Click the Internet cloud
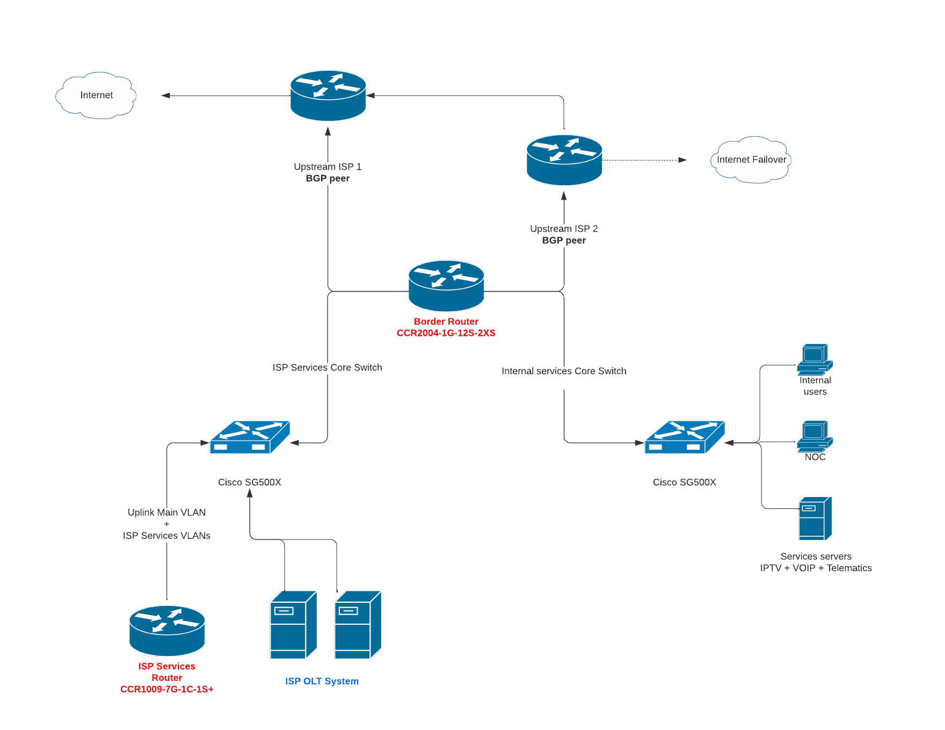[96, 96]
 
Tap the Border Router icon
[446, 285]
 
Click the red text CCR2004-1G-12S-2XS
[446, 333]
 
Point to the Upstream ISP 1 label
[328, 167]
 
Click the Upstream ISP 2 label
[564, 229]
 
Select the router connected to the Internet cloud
[328, 96]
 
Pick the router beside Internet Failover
[564, 160]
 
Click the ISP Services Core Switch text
[327, 368]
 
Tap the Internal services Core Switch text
[564, 371]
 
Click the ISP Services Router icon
[167, 630]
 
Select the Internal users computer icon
[815, 359]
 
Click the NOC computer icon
[815, 436]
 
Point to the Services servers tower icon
[815, 519]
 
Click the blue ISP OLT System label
[322, 681]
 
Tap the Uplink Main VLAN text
[166, 513]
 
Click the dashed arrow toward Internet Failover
[644, 160]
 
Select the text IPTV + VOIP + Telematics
[816, 568]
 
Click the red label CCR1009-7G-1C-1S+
[167, 689]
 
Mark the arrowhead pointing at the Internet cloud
[166, 96]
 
